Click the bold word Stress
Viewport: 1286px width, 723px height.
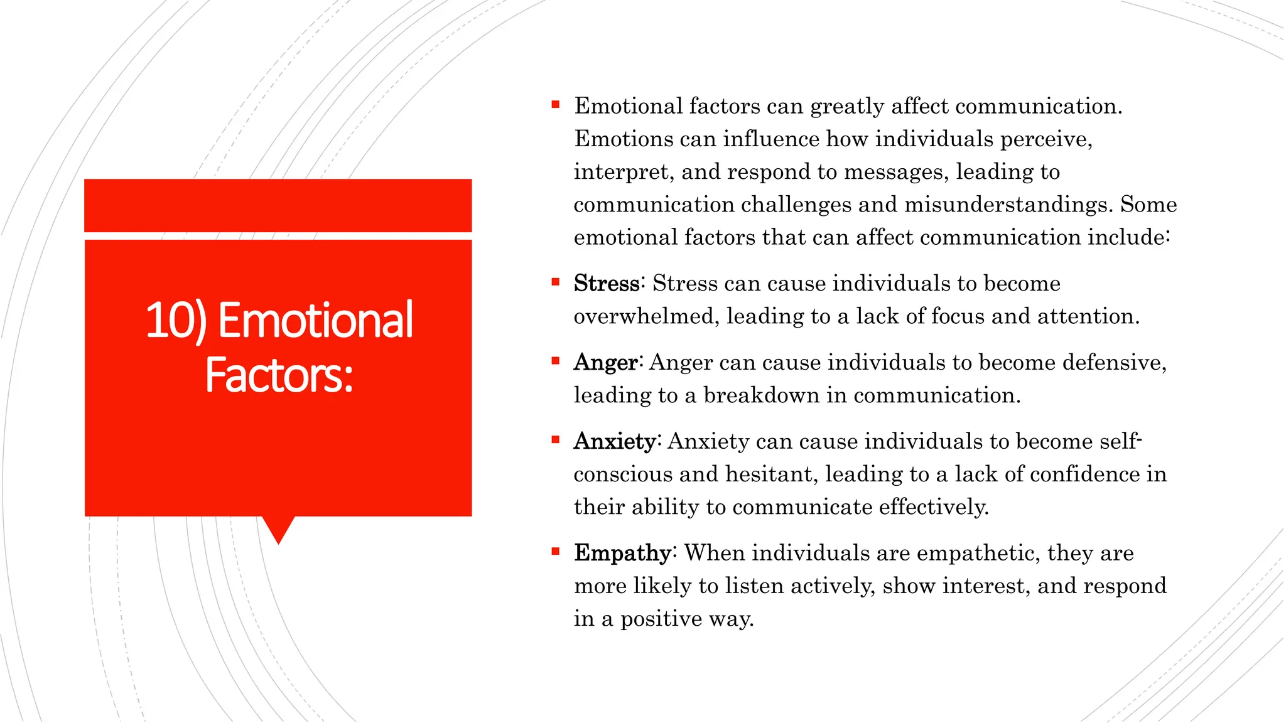coord(606,284)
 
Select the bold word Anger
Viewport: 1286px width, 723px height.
coord(605,363)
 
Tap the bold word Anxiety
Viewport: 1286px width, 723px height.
coord(615,442)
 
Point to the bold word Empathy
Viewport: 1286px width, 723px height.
coord(622,554)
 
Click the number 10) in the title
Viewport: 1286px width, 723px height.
coord(176,321)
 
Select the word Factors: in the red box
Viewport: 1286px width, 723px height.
coord(279,375)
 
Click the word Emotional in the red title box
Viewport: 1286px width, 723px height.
coord(315,321)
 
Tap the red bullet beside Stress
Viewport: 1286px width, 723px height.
coord(555,282)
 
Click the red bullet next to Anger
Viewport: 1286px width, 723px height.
coord(555,361)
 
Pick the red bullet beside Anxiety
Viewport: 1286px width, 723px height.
coord(555,440)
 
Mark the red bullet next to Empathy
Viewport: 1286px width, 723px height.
coord(555,552)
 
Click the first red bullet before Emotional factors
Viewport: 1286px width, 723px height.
coord(555,105)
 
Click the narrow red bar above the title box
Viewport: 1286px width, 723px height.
coord(278,205)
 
